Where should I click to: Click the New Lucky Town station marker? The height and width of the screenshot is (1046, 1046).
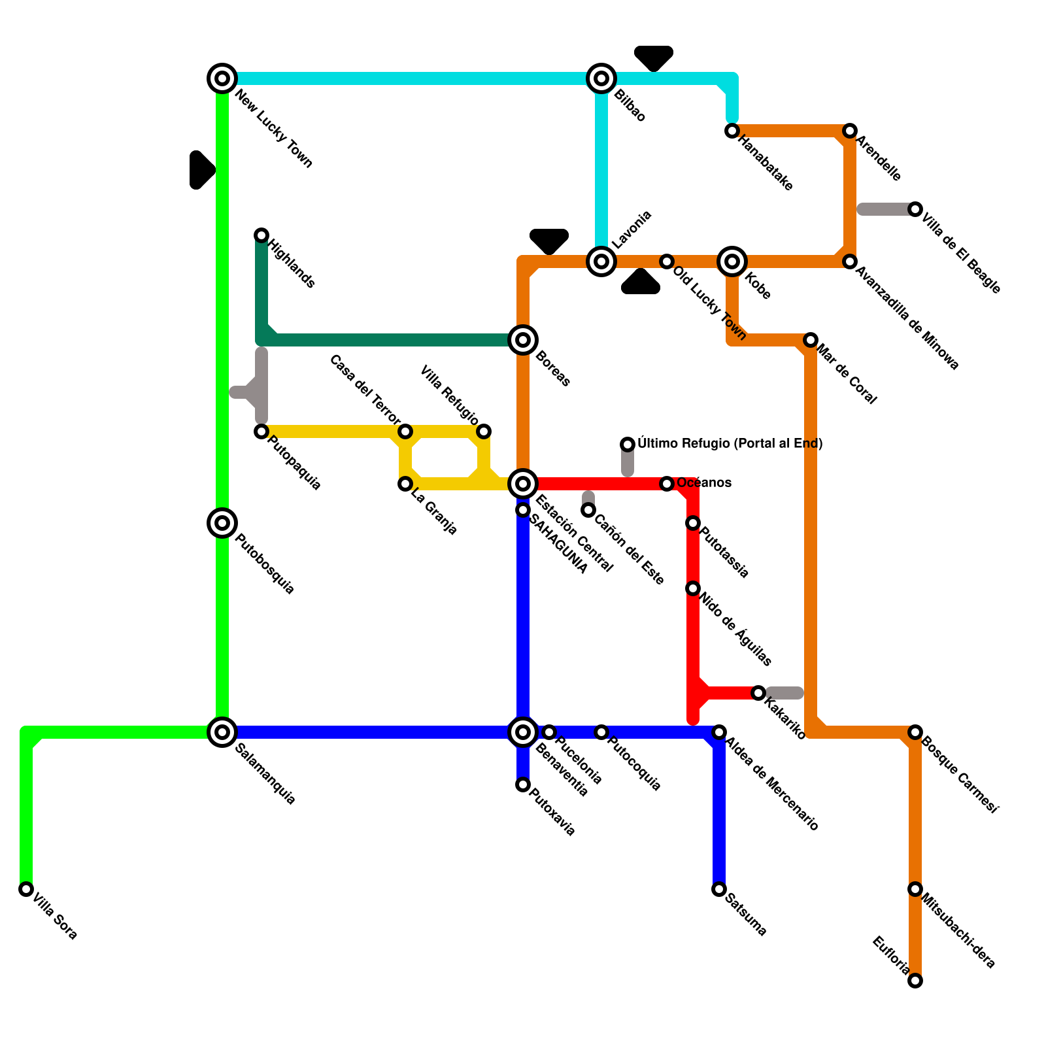(222, 78)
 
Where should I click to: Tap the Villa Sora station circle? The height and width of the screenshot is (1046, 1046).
(26, 889)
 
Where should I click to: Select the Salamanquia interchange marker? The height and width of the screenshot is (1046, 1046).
(222, 732)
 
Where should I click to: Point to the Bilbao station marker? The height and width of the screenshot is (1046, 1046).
(601, 78)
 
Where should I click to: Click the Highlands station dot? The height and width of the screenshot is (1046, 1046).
(261, 235)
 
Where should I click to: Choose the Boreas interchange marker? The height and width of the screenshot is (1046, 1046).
(523, 340)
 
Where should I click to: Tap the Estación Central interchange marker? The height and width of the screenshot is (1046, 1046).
(523, 484)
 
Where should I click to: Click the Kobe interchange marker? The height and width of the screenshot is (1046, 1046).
(732, 261)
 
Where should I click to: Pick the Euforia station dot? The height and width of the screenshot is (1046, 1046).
(915, 981)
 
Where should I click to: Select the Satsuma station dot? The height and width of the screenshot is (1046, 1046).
(719, 889)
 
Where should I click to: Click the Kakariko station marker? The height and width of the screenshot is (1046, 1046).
(758, 693)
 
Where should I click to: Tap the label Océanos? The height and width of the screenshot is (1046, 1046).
(704, 483)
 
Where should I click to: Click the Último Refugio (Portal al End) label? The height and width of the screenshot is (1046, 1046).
(730, 444)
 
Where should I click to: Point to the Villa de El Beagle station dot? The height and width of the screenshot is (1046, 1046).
(915, 209)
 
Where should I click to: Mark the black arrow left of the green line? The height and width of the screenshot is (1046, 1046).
(201, 170)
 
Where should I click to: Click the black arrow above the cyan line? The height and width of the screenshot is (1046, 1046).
(654, 58)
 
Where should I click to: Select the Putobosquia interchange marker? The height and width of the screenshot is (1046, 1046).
(222, 523)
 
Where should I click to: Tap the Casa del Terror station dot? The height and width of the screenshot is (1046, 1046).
(405, 431)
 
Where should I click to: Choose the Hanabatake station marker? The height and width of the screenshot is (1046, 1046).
(732, 131)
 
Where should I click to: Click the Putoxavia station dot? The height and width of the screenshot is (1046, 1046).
(523, 785)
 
